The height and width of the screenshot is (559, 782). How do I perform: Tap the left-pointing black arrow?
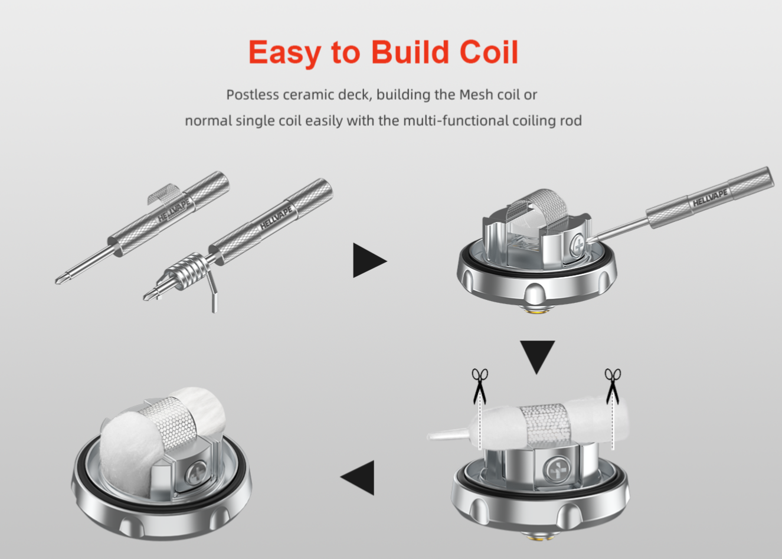[358, 478]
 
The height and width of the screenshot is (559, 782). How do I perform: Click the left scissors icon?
[480, 386]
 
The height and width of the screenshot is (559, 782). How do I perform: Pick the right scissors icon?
[613, 386]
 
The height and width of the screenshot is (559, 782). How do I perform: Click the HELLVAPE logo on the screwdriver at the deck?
[710, 198]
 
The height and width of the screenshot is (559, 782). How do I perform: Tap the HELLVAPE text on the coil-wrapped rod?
[276, 218]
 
